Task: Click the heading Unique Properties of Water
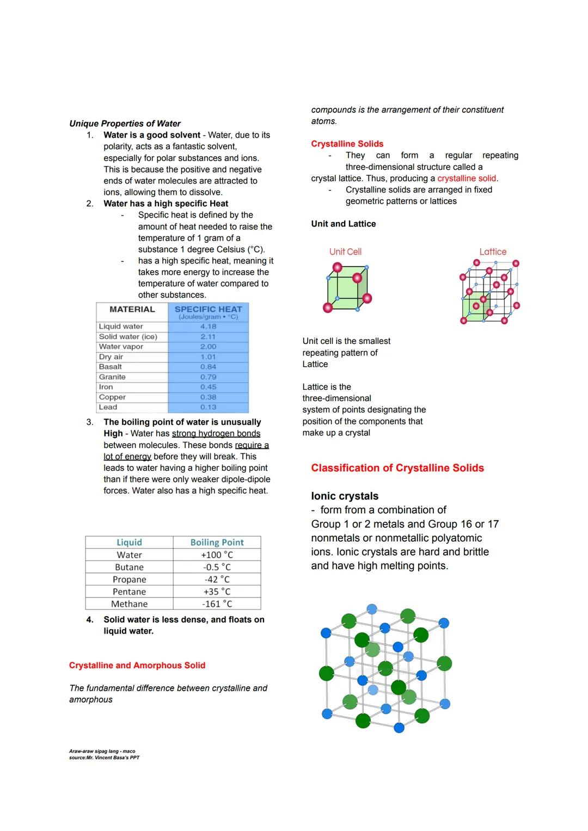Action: tap(125, 124)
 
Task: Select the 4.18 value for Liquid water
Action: tap(208, 327)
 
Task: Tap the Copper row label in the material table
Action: tap(112, 397)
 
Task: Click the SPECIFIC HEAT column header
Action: tap(208, 309)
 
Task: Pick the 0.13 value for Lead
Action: tap(208, 407)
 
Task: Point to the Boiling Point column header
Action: tap(217, 542)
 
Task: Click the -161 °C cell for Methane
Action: tap(217, 604)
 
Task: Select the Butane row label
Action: tap(129, 567)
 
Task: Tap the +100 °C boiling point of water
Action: tap(217, 555)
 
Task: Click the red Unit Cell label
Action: tap(345, 251)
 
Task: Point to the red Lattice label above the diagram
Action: tap(493, 251)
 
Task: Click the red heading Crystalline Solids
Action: tap(347, 144)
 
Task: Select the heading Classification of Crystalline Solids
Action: tap(397, 468)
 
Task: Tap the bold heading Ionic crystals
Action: tap(345, 496)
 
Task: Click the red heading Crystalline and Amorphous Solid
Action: tap(137, 665)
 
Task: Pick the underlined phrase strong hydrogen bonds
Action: tap(216, 434)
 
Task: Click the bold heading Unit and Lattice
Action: tap(343, 224)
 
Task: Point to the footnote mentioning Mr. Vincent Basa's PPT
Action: tap(104, 758)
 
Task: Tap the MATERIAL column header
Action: tap(132, 309)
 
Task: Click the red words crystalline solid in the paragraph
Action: tap(467, 178)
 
